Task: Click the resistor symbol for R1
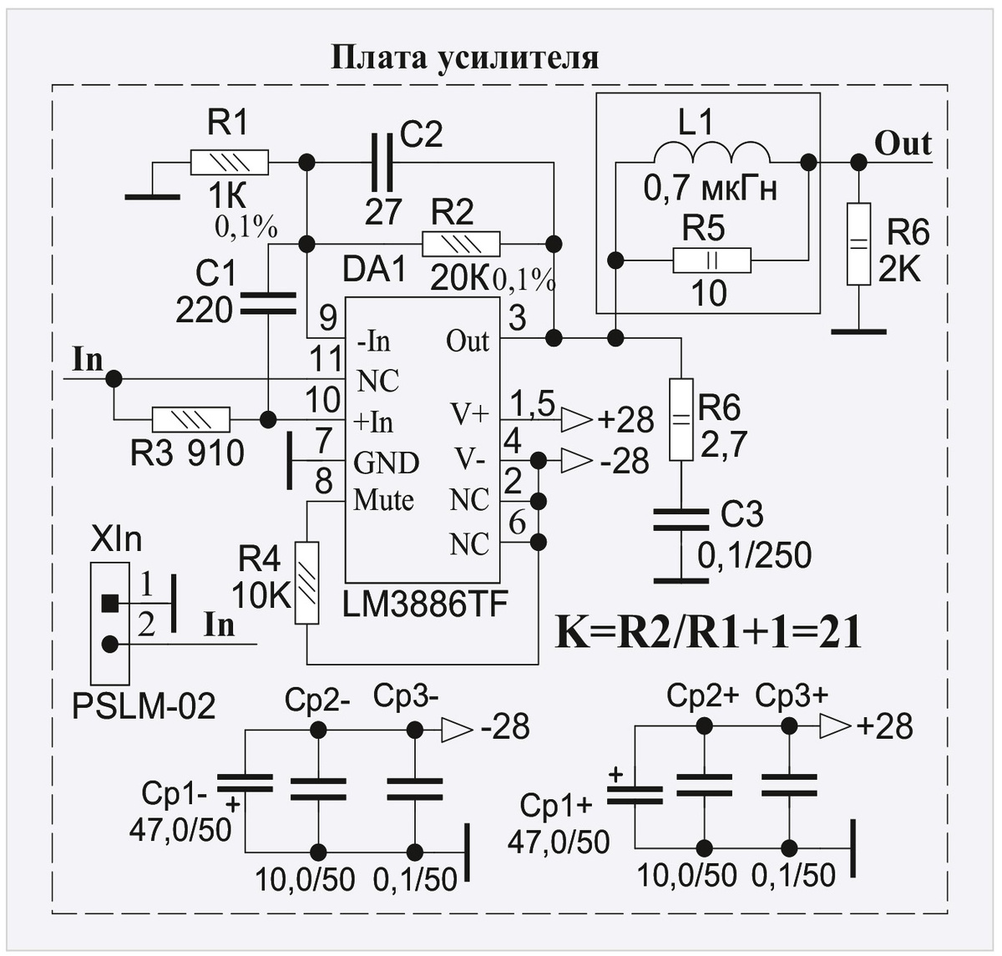[229, 161]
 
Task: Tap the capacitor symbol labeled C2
[382, 161]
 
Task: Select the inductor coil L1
[711, 154]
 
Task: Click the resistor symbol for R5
[711, 261]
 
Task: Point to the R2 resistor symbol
[461, 244]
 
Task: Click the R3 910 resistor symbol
[190, 418]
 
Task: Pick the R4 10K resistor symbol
[307, 583]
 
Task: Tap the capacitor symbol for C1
[268, 304]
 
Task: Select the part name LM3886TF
[425, 604]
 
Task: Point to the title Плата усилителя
[465, 58]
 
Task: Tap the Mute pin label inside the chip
[383, 500]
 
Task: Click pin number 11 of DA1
[325, 360]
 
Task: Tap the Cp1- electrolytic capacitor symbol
[245, 783]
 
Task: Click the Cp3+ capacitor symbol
[788, 785]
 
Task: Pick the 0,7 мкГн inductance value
[711, 190]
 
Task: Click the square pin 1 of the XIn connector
[109, 601]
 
